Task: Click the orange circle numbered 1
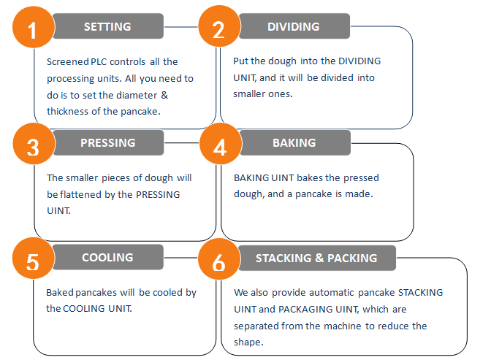34,27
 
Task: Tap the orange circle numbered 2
219,26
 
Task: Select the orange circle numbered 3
34,144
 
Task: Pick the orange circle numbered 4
221,144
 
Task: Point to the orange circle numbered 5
33,258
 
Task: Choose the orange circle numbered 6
219,259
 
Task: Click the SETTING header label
107,26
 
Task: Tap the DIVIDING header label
294,26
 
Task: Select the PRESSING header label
108,142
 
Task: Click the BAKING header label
294,142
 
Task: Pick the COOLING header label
107,257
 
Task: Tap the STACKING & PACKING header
316,258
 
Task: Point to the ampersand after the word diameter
164,95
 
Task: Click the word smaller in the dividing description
245,94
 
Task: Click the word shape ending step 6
248,342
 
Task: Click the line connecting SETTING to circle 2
181,27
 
